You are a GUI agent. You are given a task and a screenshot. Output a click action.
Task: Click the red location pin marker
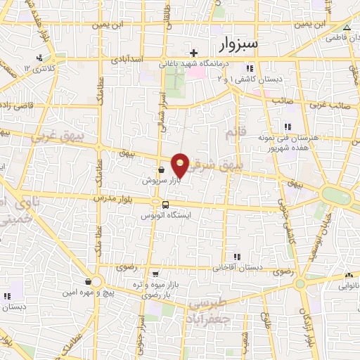[x=181, y=165]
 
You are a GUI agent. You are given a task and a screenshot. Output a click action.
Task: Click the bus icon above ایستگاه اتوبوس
[x=165, y=205]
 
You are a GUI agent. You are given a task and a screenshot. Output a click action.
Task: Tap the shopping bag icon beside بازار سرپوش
[x=162, y=169]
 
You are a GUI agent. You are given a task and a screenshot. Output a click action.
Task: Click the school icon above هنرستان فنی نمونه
[x=287, y=127]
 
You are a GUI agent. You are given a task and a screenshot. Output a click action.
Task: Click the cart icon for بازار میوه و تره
[x=156, y=274]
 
